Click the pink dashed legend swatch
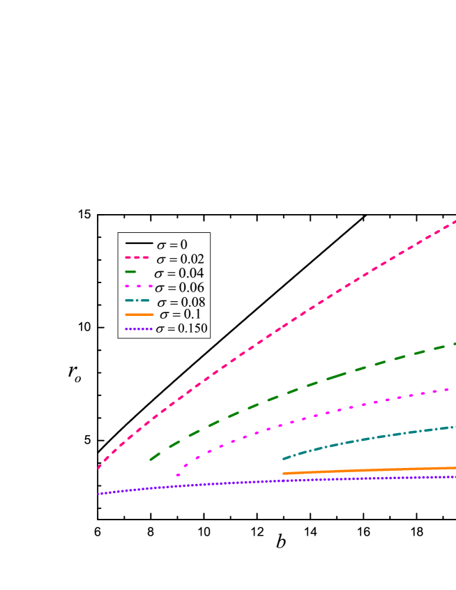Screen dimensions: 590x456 point(137,257)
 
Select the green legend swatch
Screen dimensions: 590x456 point(131,271)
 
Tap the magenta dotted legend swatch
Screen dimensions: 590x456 point(139,286)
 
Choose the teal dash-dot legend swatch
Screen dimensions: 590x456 point(137,301)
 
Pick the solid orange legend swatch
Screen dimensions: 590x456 point(139,315)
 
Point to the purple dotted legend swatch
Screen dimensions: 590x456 point(139,328)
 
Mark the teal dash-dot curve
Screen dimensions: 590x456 point(363,439)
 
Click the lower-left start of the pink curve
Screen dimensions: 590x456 point(99,467)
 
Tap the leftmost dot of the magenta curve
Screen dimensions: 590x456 point(178,475)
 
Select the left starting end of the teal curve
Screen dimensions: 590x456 point(283,458)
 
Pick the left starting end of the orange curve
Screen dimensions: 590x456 point(284,474)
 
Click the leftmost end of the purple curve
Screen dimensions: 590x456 point(99,494)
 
